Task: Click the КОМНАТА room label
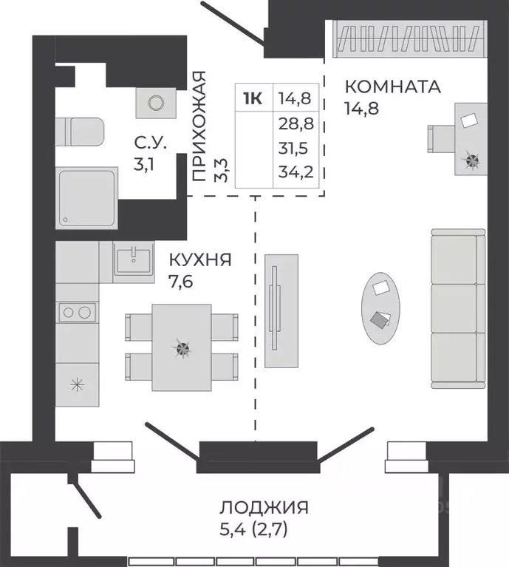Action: click(x=392, y=86)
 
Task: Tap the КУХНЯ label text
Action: click(x=200, y=260)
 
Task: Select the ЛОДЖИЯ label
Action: click(x=264, y=508)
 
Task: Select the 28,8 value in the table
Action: click(x=296, y=124)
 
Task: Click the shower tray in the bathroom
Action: click(x=87, y=197)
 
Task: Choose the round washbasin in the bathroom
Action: click(x=155, y=103)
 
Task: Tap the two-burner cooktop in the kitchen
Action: click(x=77, y=312)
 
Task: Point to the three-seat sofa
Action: click(x=458, y=308)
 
